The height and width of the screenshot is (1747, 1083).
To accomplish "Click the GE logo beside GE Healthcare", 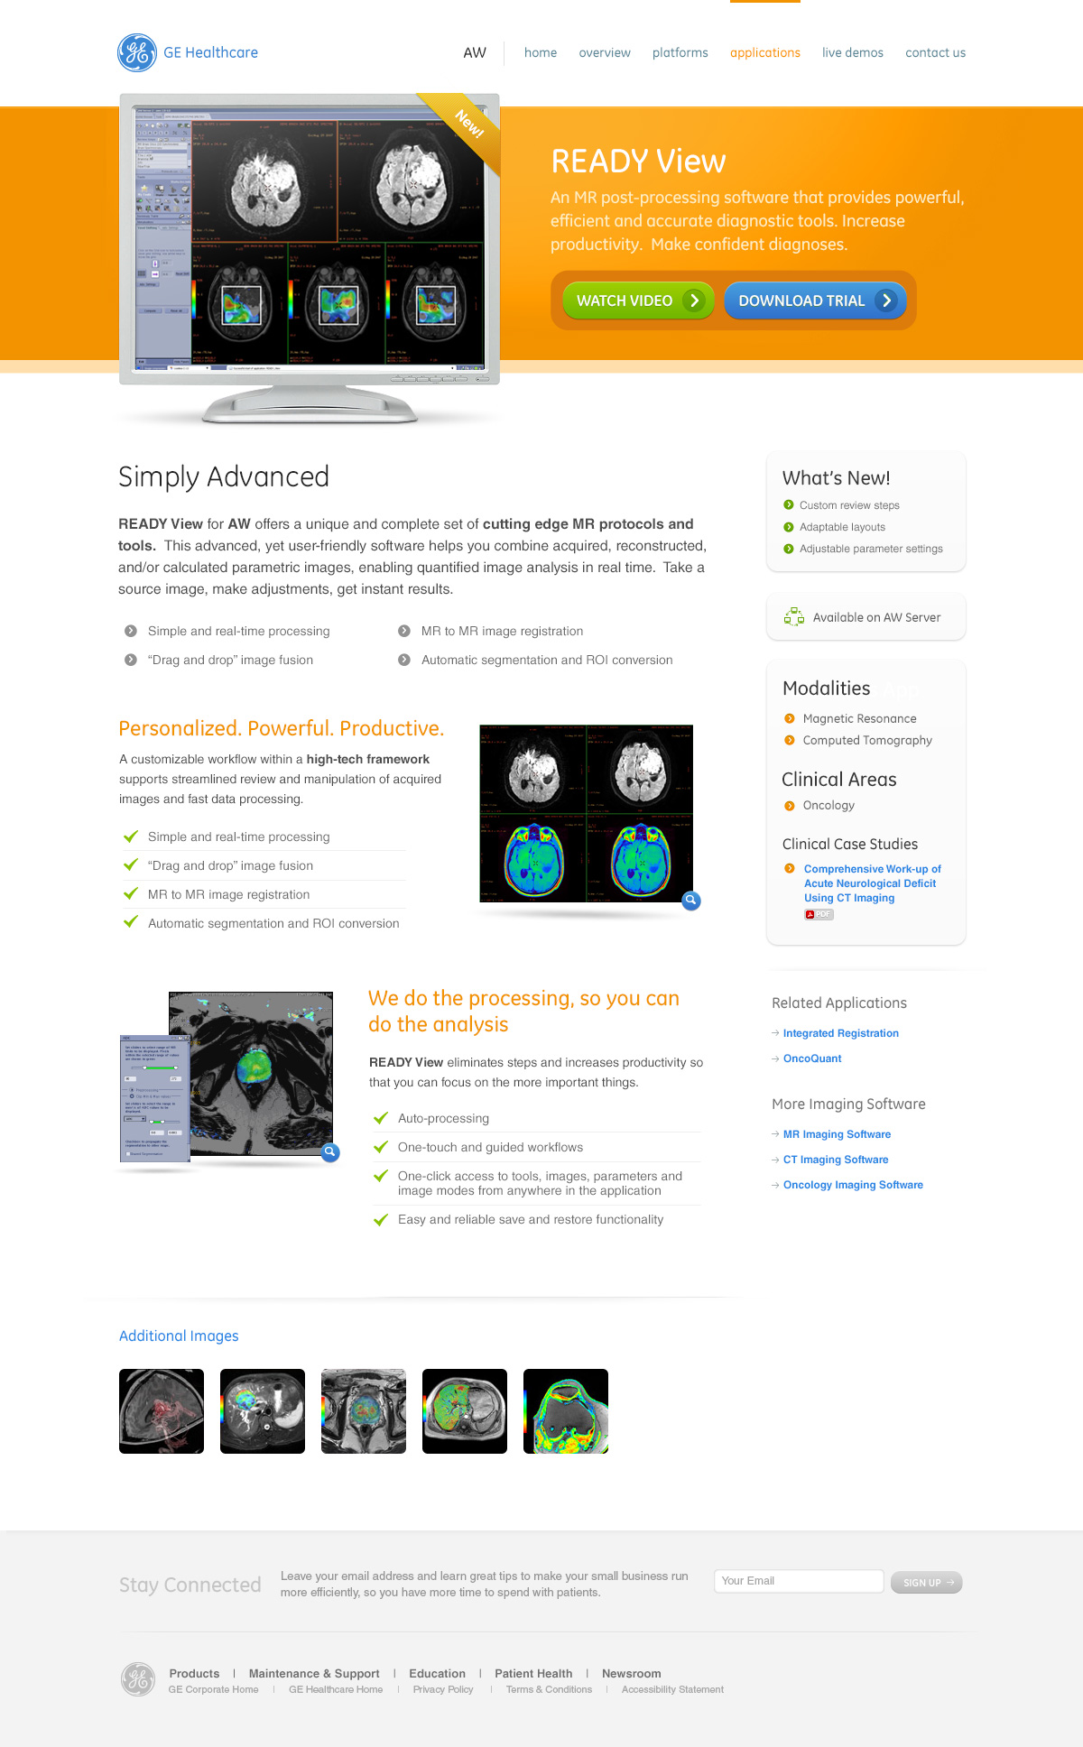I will (x=137, y=52).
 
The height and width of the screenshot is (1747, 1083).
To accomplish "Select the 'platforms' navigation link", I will (x=680, y=53).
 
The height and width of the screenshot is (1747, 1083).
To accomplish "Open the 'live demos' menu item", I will (x=852, y=53).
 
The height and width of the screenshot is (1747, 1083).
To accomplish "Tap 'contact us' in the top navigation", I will (x=935, y=53).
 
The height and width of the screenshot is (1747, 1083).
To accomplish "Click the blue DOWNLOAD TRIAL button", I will (x=815, y=300).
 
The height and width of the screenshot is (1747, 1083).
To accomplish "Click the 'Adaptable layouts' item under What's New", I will (x=842, y=527).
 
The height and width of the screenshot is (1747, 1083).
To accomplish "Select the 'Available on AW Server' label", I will (x=875, y=618).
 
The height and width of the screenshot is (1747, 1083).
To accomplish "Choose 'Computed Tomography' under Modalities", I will (x=866, y=741).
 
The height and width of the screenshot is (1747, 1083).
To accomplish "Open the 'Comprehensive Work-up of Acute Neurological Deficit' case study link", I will (x=871, y=883).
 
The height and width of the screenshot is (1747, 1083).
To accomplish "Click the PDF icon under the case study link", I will (x=819, y=915).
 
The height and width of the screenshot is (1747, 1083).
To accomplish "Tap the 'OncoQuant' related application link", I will (x=811, y=1058).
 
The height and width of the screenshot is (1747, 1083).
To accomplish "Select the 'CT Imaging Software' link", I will (x=835, y=1160).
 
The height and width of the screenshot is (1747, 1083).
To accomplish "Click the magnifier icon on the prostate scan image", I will (x=330, y=1152).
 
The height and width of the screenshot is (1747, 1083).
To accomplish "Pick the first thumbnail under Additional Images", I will (x=162, y=1411).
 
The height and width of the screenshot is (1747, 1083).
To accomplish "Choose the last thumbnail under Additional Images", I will (x=566, y=1411).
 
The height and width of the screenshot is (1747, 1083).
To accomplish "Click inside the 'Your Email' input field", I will (x=798, y=1581).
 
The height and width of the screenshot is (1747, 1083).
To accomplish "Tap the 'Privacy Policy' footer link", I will (x=442, y=1690).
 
